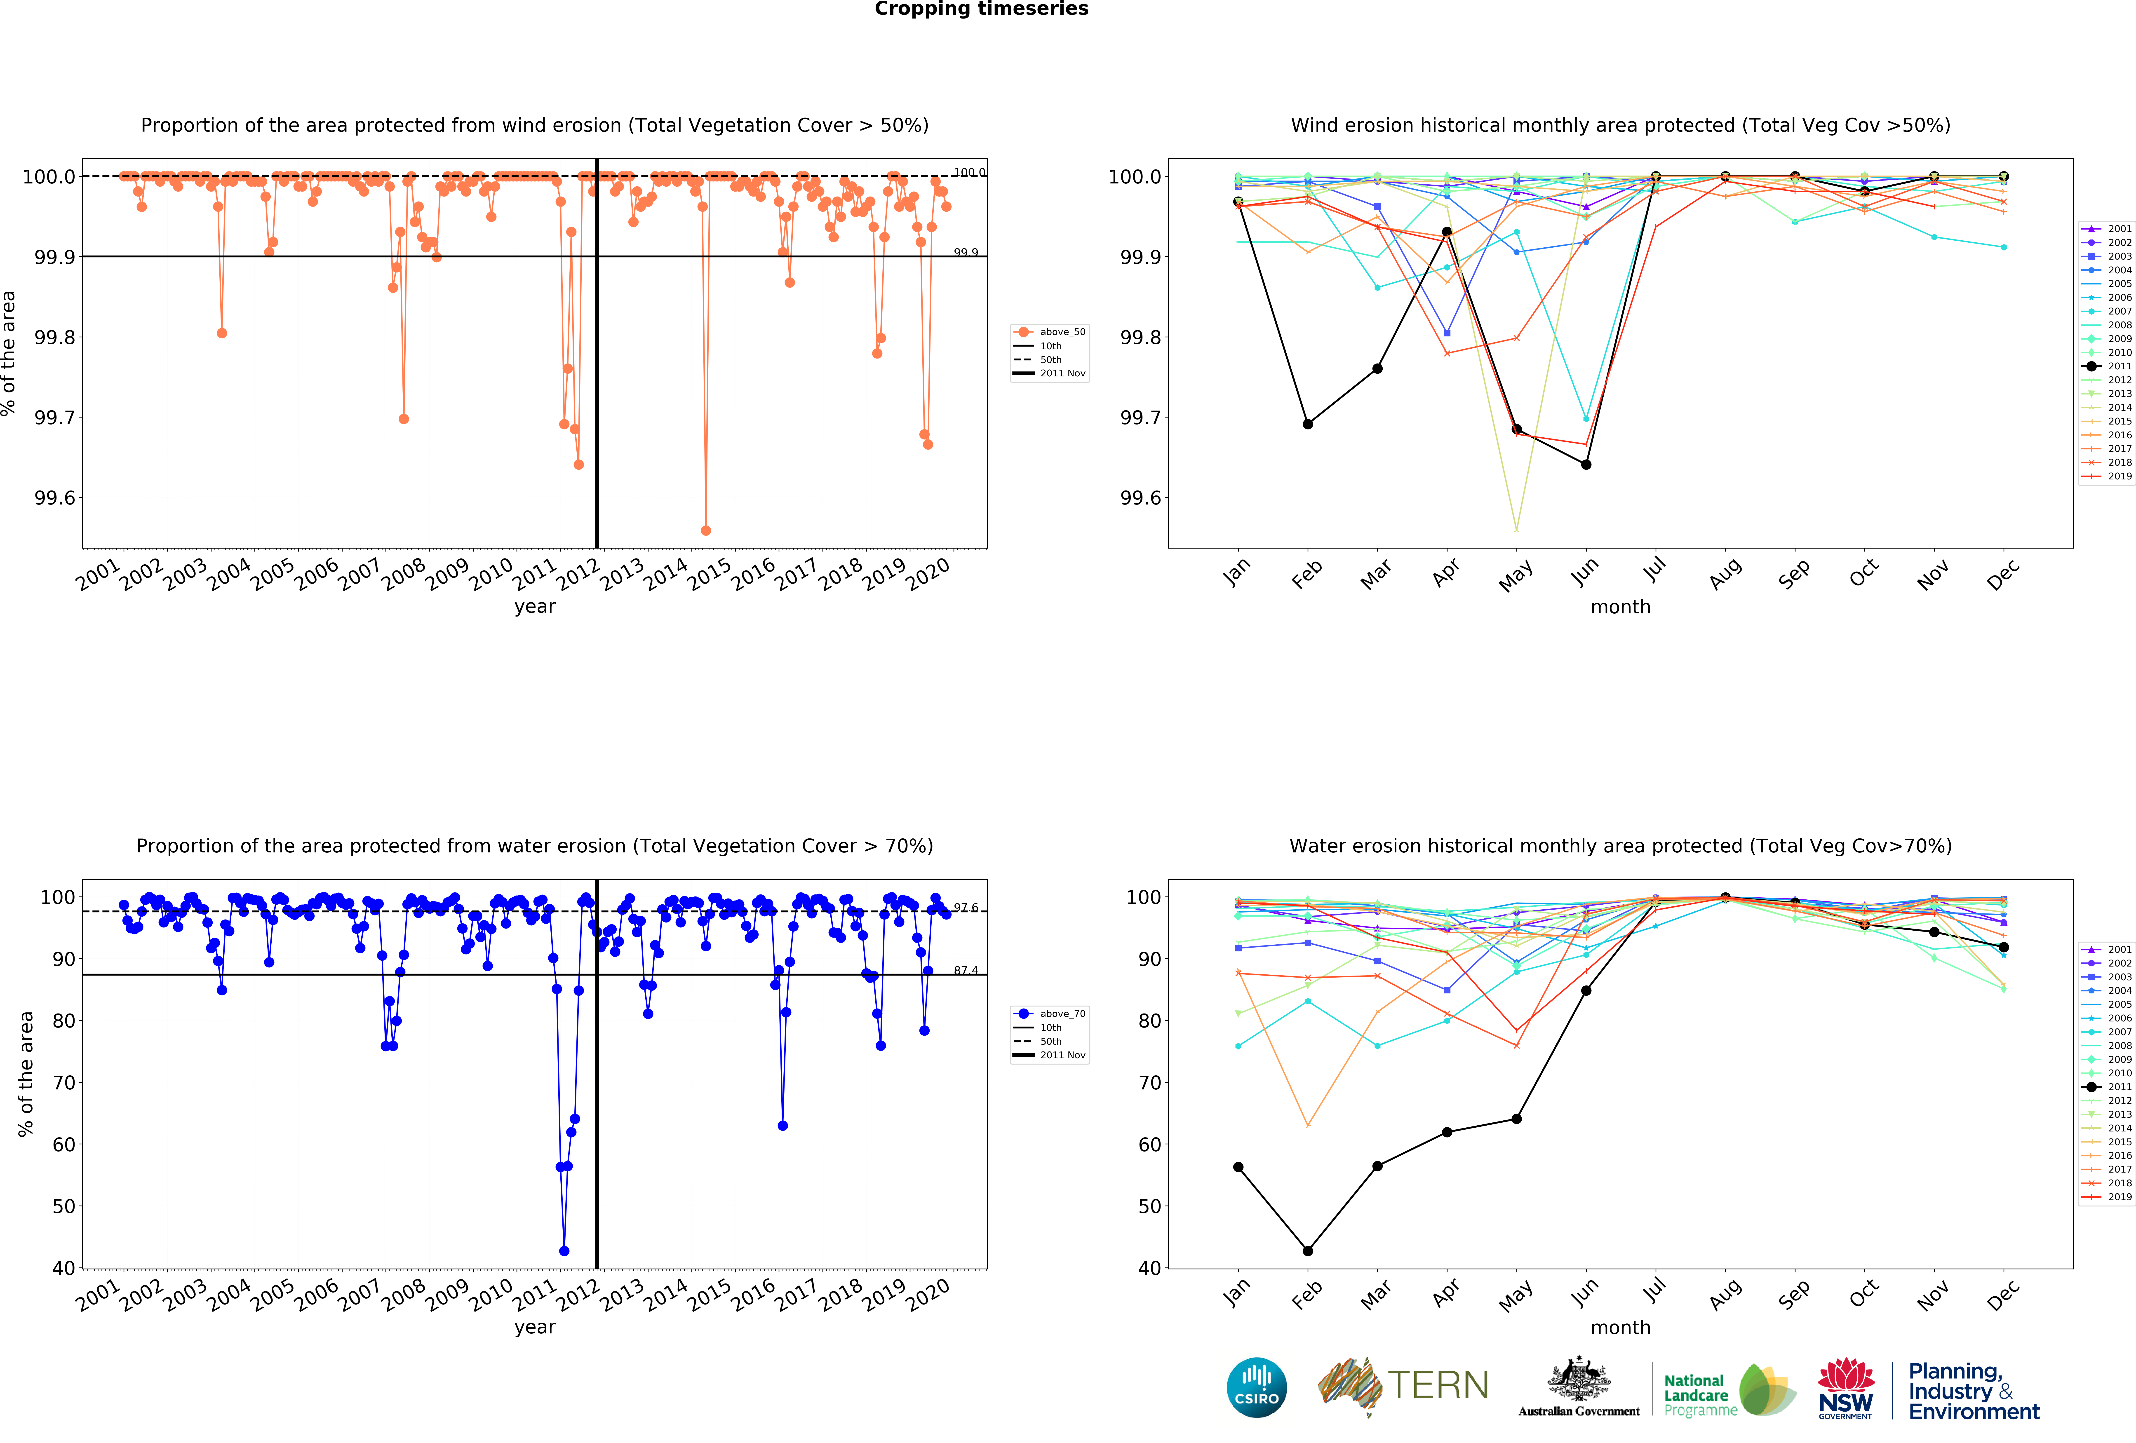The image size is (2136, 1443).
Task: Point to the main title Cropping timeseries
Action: coord(981,9)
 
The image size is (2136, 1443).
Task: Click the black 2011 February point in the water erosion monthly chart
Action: coord(1307,1251)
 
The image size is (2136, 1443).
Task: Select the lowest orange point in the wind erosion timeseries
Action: coord(705,530)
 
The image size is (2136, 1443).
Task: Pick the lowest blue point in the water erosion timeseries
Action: coord(563,1251)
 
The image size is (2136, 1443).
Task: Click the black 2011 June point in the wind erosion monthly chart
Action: coord(1586,464)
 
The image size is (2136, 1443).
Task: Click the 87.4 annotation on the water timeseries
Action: coord(965,971)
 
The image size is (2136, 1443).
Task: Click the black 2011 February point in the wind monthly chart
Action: coord(1307,424)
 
